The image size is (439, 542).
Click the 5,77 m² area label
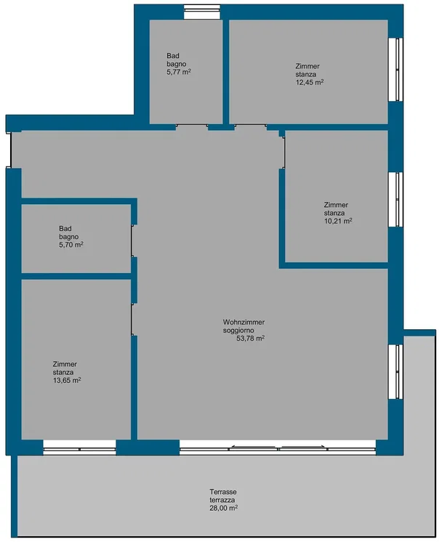click(x=179, y=72)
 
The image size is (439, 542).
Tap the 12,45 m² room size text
click(x=310, y=82)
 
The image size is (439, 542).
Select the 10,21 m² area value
click(x=338, y=221)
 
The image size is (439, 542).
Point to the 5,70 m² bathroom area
click(x=71, y=245)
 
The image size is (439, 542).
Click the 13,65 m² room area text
click(x=67, y=380)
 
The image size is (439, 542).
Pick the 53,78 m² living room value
click(x=250, y=338)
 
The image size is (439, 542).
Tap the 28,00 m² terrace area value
click(x=223, y=508)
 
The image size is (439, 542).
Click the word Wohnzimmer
click(x=243, y=322)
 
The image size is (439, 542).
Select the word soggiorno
click(x=238, y=331)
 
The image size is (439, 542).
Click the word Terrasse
click(x=223, y=492)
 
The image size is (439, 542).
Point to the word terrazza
click(x=222, y=500)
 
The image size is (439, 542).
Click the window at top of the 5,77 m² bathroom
click(x=202, y=12)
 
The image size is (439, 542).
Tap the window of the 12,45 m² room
click(x=395, y=69)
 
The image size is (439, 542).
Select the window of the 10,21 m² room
click(x=395, y=200)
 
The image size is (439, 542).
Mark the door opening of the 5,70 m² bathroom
click(x=132, y=241)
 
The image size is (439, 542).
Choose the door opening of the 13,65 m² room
click(x=132, y=320)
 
